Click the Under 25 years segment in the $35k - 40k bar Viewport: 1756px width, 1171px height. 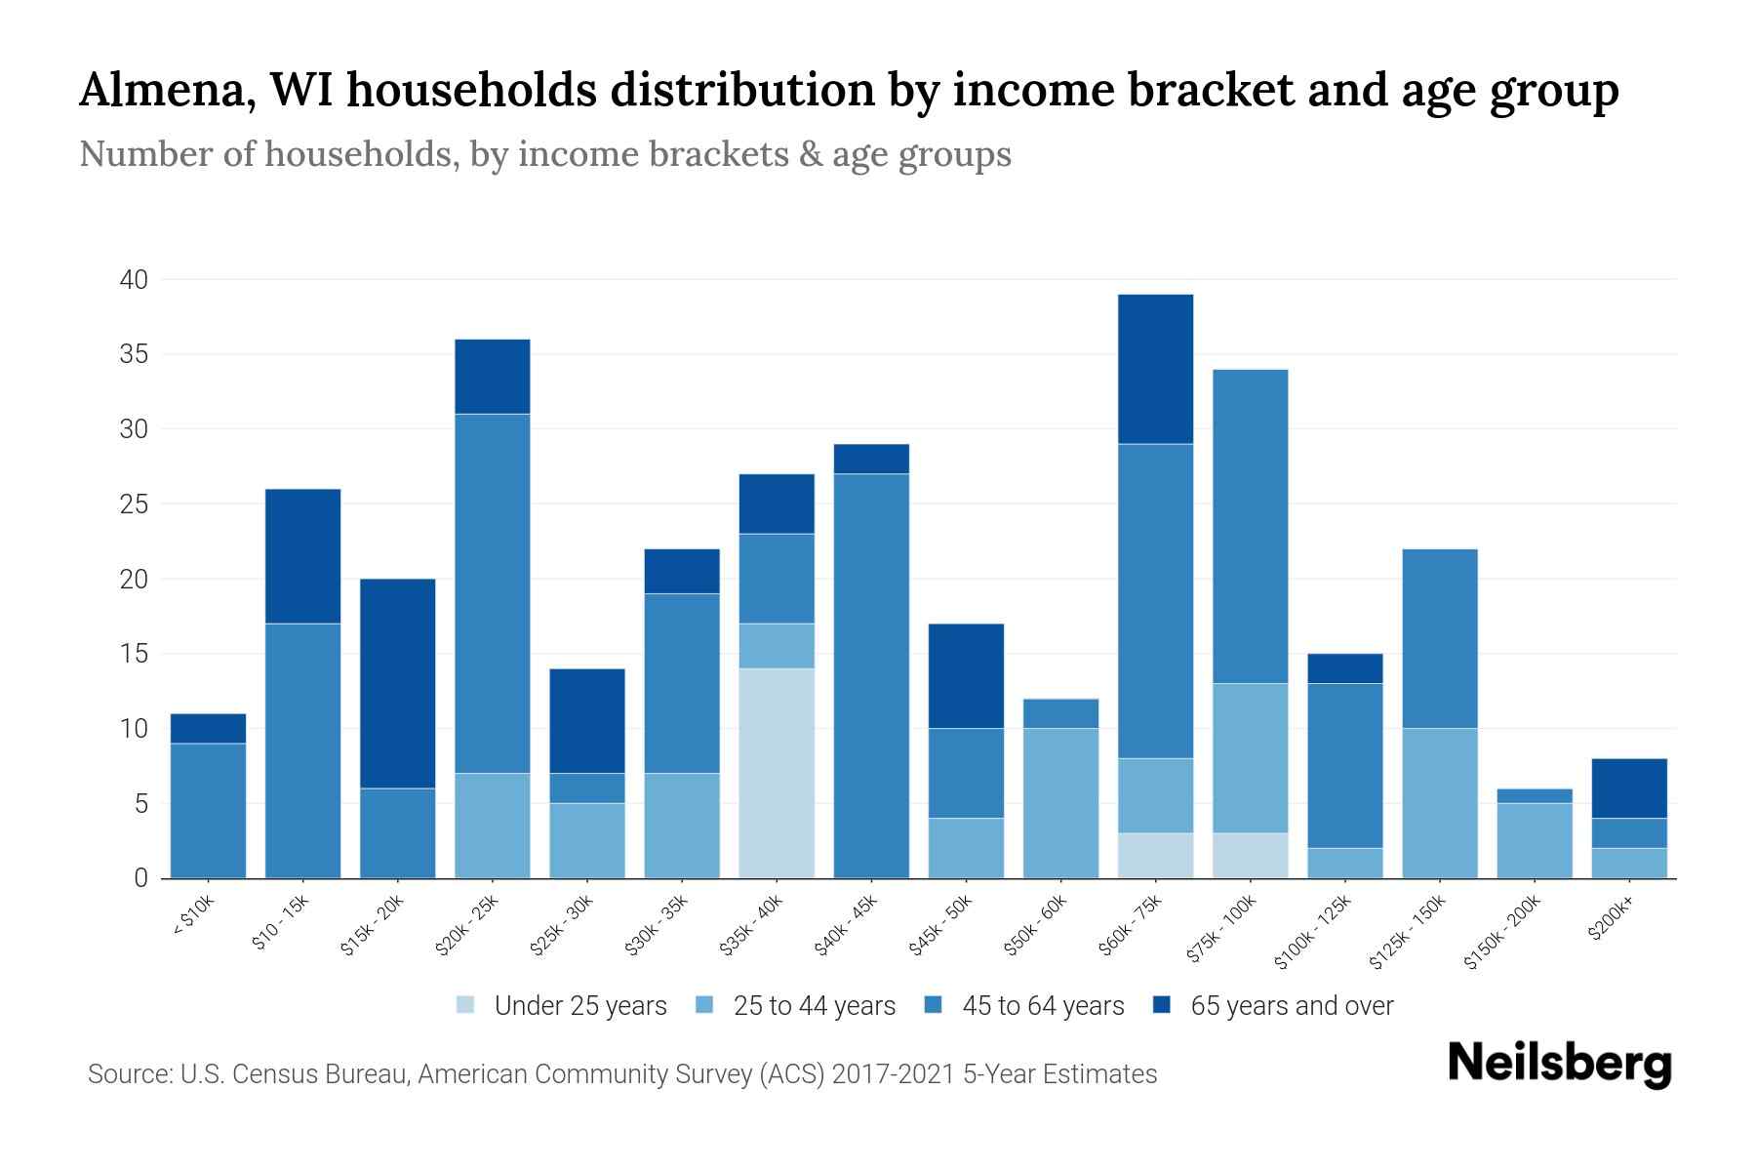tap(777, 773)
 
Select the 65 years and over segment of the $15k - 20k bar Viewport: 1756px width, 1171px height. tap(398, 683)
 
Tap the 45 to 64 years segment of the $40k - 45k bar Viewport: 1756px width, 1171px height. tap(871, 675)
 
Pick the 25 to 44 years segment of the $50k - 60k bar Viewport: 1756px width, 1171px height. tap(1060, 803)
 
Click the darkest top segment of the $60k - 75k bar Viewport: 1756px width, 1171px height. tap(1155, 369)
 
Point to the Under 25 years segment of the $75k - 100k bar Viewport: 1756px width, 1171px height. tap(1250, 855)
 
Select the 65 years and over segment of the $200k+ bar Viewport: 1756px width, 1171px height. tap(1629, 787)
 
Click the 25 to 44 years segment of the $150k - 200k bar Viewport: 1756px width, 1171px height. tap(1535, 840)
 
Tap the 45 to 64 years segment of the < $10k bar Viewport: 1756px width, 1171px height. tap(208, 810)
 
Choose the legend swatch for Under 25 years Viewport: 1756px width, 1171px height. tap(466, 1005)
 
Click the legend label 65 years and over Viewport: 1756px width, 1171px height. tap(1292, 1006)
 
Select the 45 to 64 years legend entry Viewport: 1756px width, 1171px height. tap(1042, 1006)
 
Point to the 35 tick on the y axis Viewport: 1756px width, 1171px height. tap(134, 354)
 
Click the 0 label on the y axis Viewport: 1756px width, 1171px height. tap(141, 878)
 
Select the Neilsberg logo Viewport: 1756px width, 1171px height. tap(1560, 1064)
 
